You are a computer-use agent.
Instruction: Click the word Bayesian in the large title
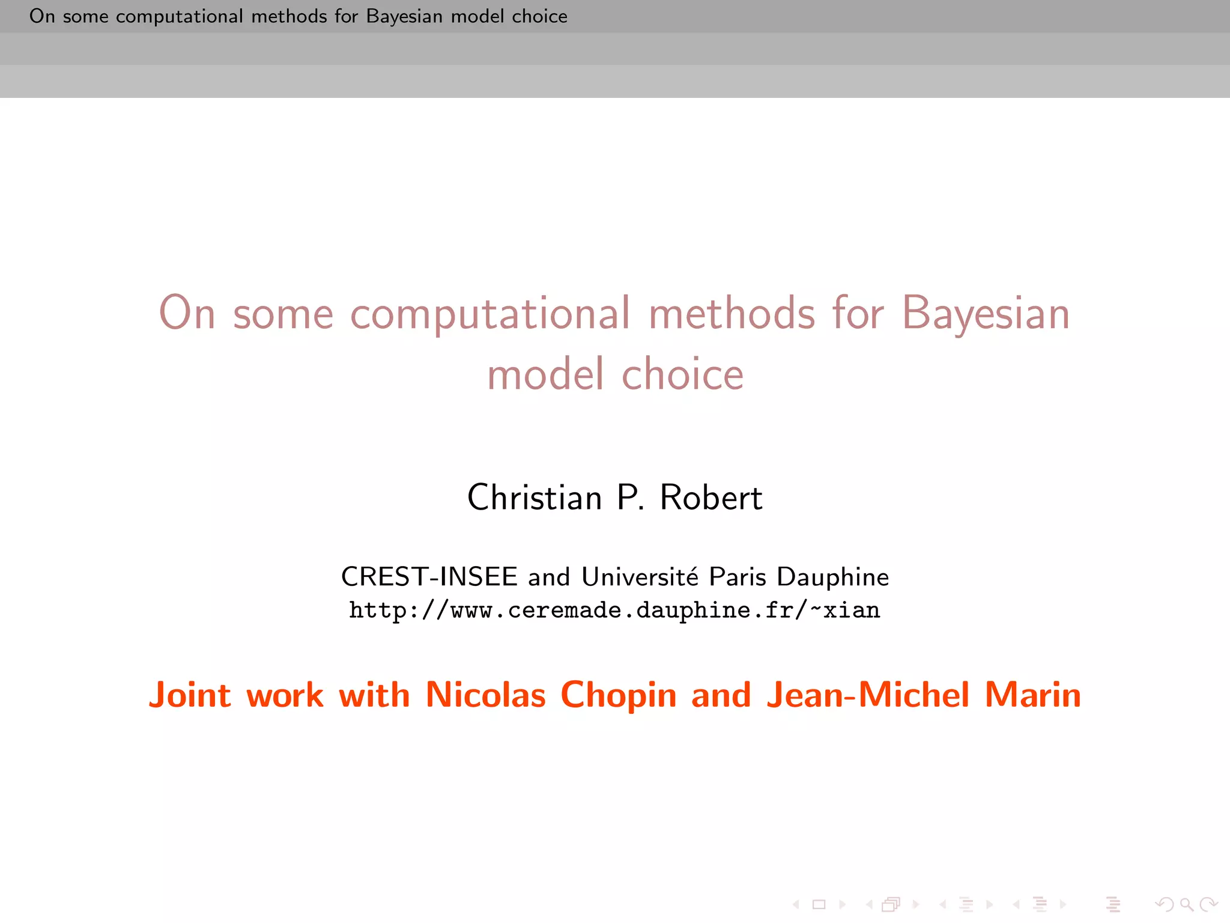986,314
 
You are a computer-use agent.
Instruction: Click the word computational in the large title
490,314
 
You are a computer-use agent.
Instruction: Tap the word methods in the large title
732,313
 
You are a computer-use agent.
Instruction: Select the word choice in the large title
682,374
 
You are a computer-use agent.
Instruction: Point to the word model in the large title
545,374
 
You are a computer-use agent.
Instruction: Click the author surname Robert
711,498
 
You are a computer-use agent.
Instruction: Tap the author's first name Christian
535,498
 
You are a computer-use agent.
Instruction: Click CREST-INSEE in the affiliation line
429,577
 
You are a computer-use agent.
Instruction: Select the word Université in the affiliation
640,577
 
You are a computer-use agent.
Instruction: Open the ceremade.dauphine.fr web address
614,611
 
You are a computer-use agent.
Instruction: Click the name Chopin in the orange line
618,696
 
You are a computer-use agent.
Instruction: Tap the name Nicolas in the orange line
485,695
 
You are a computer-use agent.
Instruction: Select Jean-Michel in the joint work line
868,695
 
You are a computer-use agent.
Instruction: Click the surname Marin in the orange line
1033,695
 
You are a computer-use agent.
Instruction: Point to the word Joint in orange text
189,696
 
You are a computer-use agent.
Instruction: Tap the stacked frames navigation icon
891,904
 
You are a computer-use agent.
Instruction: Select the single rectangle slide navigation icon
819,904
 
